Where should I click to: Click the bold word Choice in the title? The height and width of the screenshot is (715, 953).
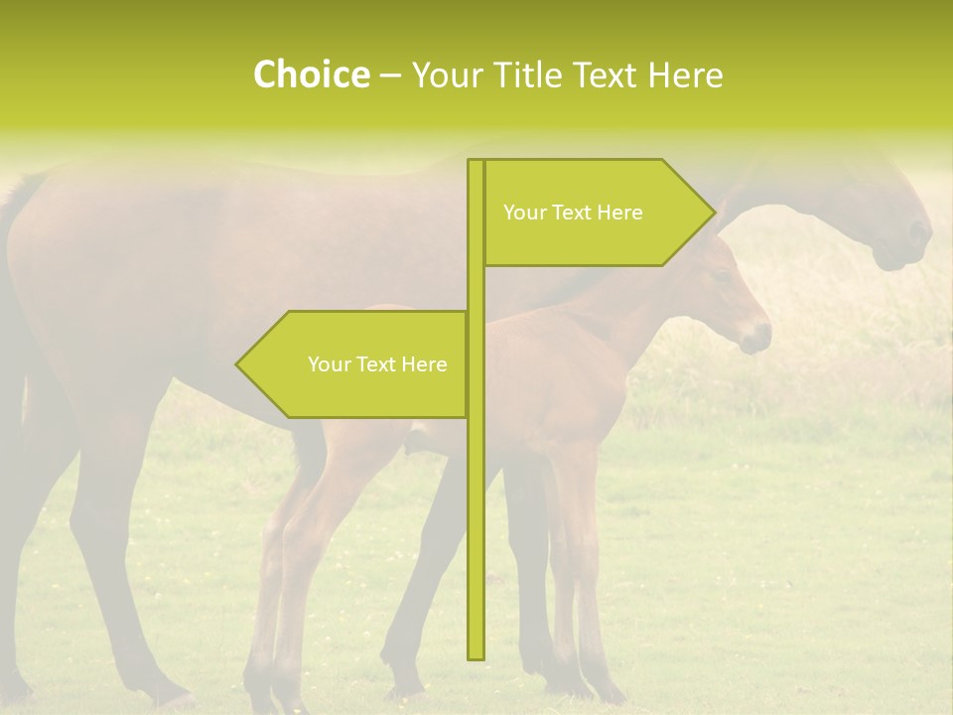[x=311, y=74]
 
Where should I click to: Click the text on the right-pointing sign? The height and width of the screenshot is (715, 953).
[x=573, y=213]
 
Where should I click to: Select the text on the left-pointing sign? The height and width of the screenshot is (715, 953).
[x=377, y=364]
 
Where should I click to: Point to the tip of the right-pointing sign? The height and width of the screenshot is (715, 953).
[x=714, y=213]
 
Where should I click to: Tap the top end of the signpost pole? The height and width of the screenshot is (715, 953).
[x=476, y=162]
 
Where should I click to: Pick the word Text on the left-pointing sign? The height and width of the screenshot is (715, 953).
[x=377, y=364]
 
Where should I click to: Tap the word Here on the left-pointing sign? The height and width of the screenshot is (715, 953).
[x=424, y=364]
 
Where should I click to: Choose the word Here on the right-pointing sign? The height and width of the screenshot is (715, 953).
[x=619, y=213]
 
